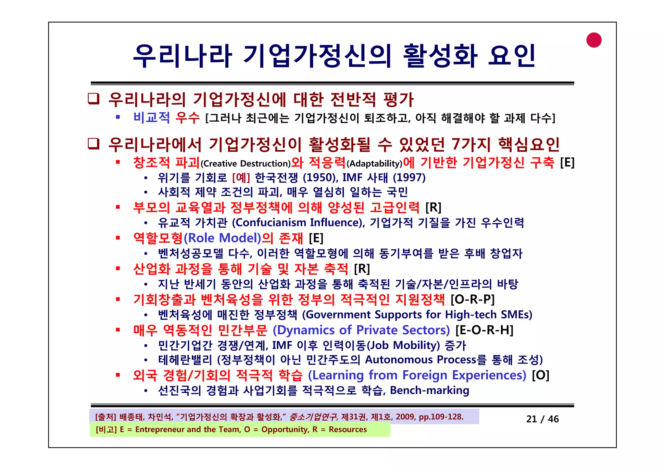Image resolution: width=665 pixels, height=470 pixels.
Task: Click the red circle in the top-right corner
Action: pyautogui.click(x=594, y=40)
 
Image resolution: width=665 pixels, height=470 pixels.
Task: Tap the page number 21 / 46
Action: pyautogui.click(x=542, y=419)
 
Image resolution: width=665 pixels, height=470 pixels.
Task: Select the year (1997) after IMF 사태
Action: pyautogui.click(x=409, y=178)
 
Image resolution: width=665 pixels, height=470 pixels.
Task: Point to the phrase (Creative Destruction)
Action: pyautogui.click(x=245, y=164)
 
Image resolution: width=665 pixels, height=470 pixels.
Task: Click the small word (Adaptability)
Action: pyautogui.click(x=374, y=164)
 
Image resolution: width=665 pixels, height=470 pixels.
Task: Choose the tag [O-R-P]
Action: pyautogui.click(x=472, y=299)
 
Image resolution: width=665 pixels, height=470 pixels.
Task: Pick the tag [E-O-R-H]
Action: pyautogui.click(x=484, y=330)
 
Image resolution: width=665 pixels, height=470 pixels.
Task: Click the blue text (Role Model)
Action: pyautogui.click(x=222, y=238)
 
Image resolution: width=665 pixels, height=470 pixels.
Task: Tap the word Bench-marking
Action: pyautogui.click(x=429, y=390)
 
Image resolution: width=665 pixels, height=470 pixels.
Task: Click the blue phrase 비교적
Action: pyautogui.click(x=151, y=117)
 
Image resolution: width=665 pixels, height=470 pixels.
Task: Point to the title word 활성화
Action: pyautogui.click(x=440, y=56)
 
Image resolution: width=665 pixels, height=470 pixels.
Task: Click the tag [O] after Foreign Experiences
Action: pyautogui.click(x=540, y=375)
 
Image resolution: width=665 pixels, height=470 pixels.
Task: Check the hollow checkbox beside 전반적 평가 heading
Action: pyautogui.click(x=94, y=99)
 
